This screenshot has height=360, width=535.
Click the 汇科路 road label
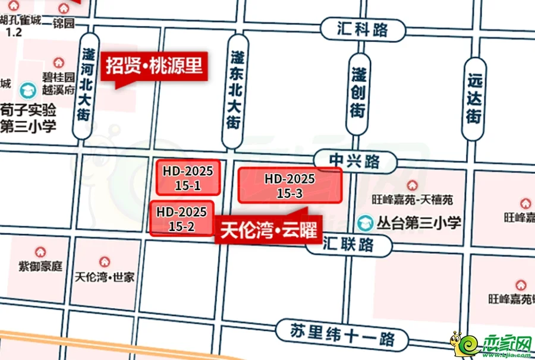point(363,30)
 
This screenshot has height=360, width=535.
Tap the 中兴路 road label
point(355,161)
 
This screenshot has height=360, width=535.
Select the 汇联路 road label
point(349,244)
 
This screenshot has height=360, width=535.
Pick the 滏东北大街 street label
point(235,91)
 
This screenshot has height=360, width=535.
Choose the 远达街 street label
point(474,98)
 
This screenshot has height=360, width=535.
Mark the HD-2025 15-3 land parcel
point(290,185)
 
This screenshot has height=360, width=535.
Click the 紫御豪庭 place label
point(40,267)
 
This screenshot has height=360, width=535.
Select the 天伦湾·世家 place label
point(105,277)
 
